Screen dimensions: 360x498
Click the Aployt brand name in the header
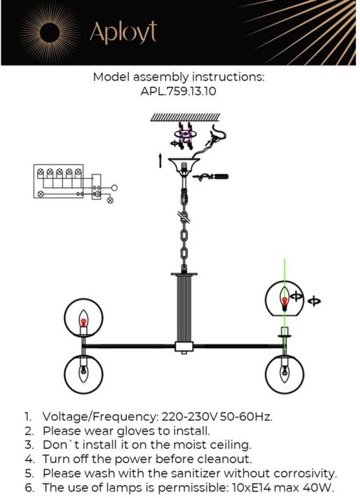(x=123, y=33)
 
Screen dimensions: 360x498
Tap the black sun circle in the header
(x=51, y=33)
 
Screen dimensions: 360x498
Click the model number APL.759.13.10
(x=179, y=92)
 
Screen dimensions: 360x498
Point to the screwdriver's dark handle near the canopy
(x=220, y=176)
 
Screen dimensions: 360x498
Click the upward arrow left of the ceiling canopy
(x=160, y=160)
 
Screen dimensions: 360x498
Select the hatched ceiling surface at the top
(x=185, y=117)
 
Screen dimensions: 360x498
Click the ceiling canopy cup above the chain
(x=184, y=165)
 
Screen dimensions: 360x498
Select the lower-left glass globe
(x=83, y=373)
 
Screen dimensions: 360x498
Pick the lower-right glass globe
(x=285, y=374)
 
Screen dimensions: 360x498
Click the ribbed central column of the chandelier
(x=184, y=308)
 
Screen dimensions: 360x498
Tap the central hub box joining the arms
(x=184, y=346)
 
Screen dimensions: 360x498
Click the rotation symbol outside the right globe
(x=314, y=301)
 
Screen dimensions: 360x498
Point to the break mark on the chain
(x=184, y=217)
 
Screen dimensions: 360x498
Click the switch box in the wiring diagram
(x=96, y=187)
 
